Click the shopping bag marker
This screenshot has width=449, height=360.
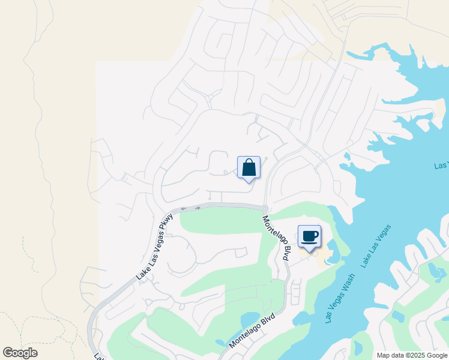[x=249, y=168]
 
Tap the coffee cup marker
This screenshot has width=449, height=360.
[x=309, y=236]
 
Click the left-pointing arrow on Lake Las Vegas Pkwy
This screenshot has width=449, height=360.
[x=183, y=209]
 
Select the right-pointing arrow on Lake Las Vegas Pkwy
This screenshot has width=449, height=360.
[x=197, y=208]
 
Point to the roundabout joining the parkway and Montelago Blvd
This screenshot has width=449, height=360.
[x=265, y=208]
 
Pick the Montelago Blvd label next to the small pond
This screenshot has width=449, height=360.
[x=252, y=331]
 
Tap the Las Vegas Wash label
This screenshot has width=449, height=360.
[x=340, y=298]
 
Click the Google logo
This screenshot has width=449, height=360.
[x=20, y=353]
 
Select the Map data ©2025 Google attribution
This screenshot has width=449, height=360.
[x=411, y=355]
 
